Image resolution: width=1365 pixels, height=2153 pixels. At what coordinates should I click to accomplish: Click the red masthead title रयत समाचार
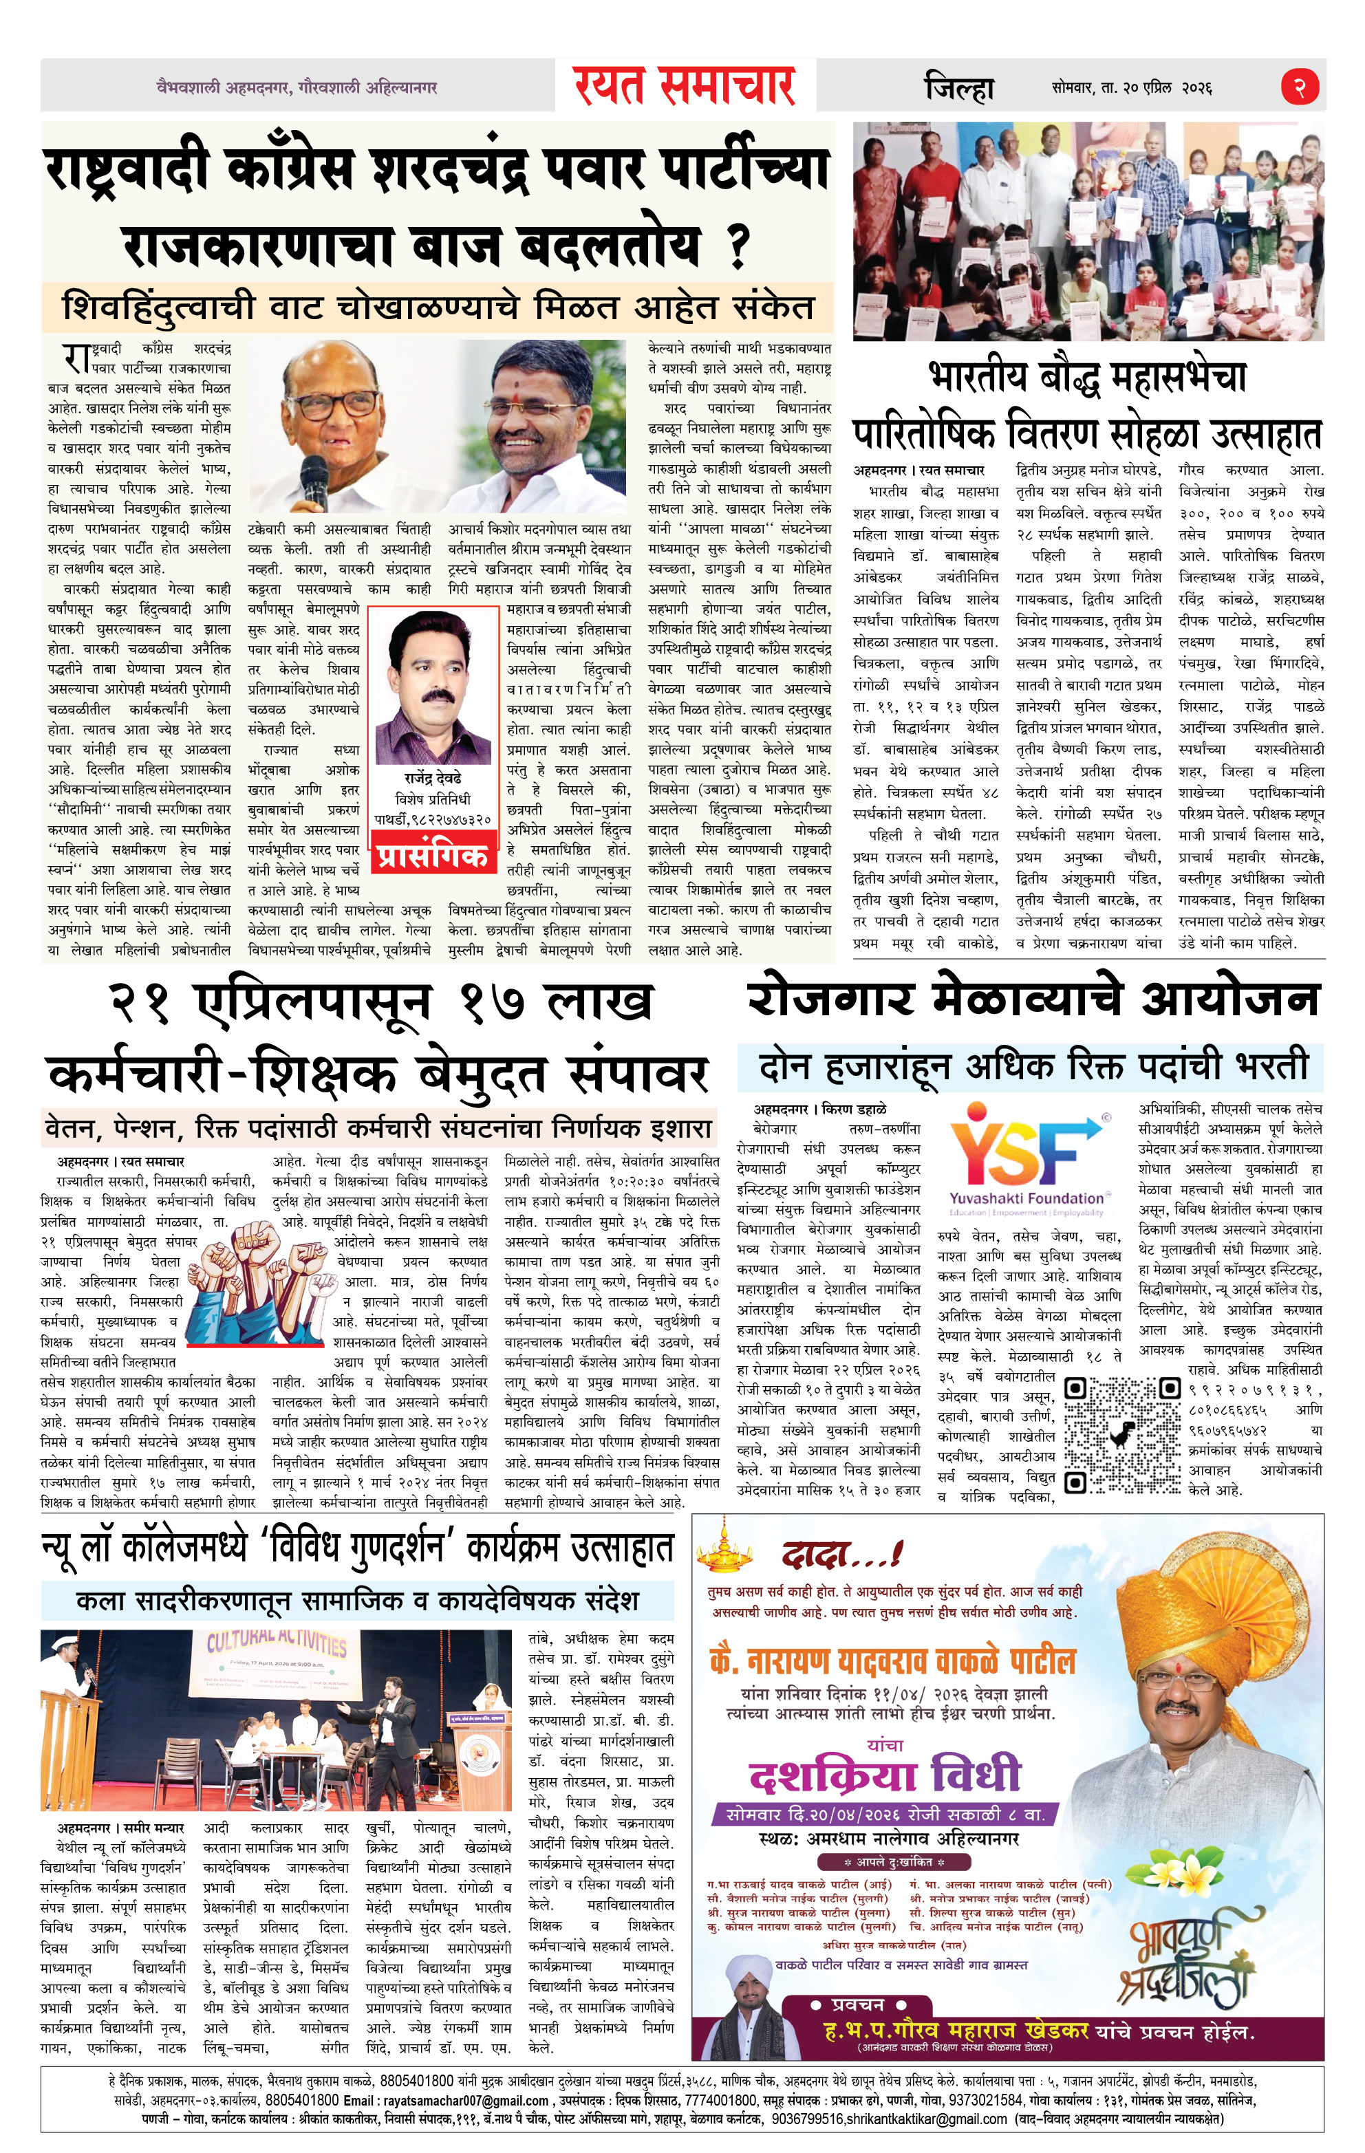pyautogui.click(x=685, y=87)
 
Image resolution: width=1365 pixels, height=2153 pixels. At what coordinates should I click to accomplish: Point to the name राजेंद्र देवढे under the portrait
pyautogui.click(x=433, y=779)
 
